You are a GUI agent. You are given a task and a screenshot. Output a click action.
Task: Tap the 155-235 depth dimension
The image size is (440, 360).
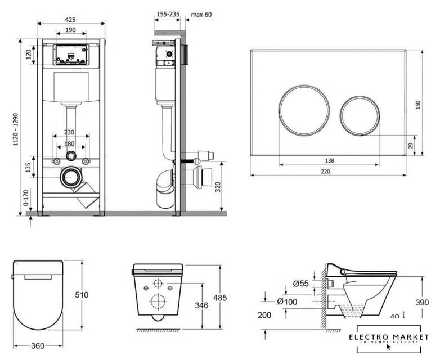pyautogui.click(x=168, y=15)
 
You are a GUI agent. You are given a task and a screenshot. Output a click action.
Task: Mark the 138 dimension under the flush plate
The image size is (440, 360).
pyautogui.click(x=329, y=161)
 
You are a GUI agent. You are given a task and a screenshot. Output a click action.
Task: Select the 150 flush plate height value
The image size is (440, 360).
pyautogui.click(x=417, y=106)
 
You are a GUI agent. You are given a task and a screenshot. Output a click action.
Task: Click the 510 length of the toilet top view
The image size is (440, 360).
pyautogui.click(x=89, y=294)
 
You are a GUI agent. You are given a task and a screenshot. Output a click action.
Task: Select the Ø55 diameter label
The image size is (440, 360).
pyautogui.click(x=302, y=283)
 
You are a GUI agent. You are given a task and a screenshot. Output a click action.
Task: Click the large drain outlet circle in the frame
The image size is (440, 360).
pyautogui.click(x=70, y=176)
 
